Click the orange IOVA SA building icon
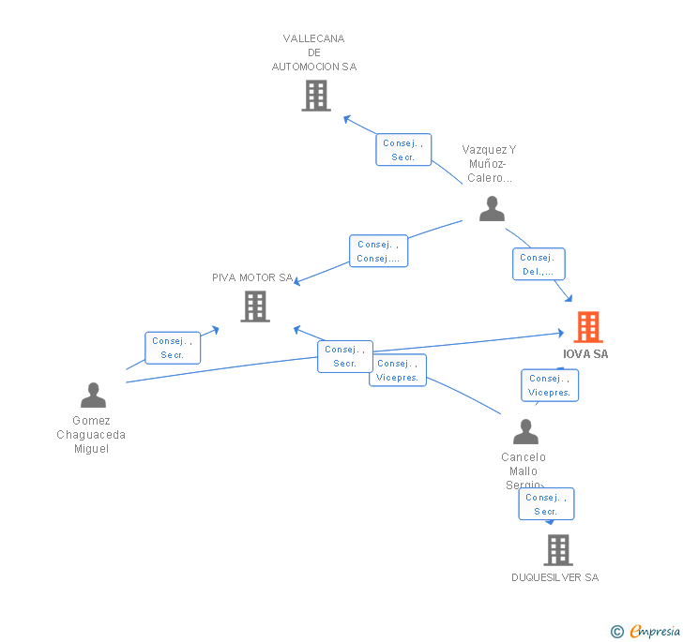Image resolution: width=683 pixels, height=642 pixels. tap(588, 327)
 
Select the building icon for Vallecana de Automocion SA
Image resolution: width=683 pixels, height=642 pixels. tap(316, 95)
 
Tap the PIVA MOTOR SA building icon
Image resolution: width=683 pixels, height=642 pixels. tap(255, 306)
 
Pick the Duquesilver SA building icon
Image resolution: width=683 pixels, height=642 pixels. tap(558, 550)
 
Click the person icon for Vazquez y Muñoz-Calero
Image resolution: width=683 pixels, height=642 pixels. tap(492, 209)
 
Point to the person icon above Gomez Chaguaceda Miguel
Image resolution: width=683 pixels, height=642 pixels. tap(93, 396)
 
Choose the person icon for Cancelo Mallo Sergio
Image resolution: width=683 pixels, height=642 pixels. tap(525, 432)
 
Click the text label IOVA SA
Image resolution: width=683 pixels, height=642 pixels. tap(585, 354)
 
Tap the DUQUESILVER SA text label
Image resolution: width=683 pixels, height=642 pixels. tap(554, 577)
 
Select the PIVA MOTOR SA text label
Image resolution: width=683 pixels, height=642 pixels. tap(252, 277)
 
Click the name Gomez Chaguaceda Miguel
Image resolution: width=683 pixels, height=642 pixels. tap(91, 435)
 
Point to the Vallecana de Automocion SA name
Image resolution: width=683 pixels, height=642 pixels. tap(314, 52)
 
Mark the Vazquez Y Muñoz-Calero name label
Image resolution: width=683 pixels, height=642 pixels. tap(489, 164)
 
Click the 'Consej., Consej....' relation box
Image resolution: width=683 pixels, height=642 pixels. tap(379, 251)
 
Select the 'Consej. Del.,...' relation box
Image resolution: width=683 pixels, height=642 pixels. tap(539, 264)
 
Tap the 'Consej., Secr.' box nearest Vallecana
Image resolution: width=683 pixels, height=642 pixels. tap(403, 150)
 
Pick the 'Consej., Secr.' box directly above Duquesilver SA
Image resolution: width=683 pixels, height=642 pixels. tap(546, 504)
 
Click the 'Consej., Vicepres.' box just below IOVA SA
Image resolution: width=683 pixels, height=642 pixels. tap(550, 385)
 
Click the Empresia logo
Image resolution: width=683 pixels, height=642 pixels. tap(655, 631)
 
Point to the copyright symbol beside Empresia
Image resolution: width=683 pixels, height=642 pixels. tap(616, 632)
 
